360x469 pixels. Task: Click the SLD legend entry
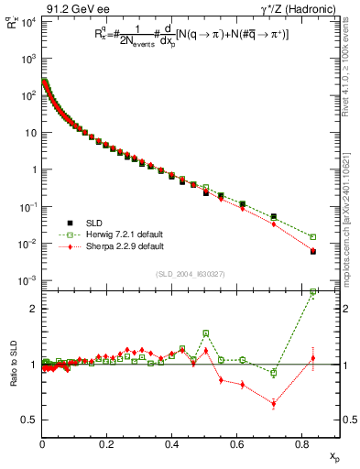[x=88, y=224]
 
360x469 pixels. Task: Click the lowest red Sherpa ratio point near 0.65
[x=274, y=403]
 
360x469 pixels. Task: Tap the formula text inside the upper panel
[x=183, y=34]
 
